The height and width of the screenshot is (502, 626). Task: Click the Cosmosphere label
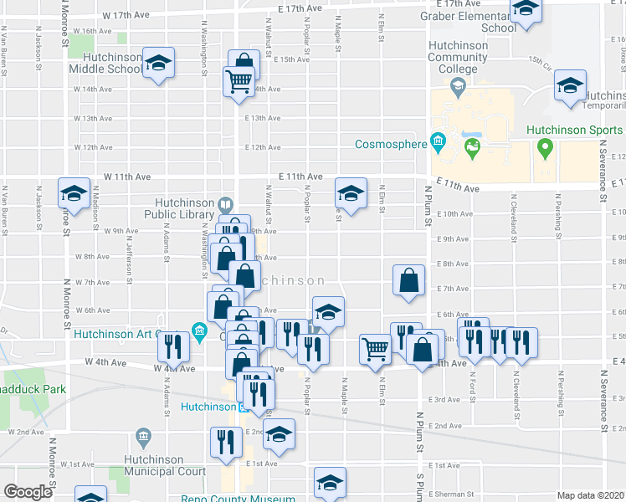click(x=392, y=144)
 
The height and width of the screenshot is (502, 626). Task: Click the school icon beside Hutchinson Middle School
click(x=156, y=64)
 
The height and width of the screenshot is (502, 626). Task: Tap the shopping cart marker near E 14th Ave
click(x=239, y=82)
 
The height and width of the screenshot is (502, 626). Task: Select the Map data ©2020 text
click(x=590, y=495)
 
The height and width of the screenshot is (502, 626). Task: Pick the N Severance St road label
click(x=603, y=172)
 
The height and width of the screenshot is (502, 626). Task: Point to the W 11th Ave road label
click(x=127, y=177)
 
